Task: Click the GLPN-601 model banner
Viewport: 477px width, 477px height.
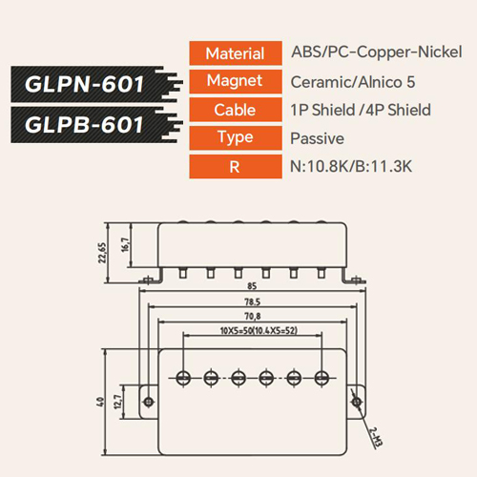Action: (95, 84)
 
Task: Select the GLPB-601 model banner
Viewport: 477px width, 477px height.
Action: (95, 125)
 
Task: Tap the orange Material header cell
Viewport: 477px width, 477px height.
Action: (236, 53)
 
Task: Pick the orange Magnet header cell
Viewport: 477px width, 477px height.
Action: (236, 81)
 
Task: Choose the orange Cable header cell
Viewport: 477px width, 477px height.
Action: (236, 110)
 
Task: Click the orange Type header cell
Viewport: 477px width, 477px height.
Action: (236, 137)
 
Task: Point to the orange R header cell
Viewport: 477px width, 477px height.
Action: (236, 166)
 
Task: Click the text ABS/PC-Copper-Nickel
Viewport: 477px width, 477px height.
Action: (377, 52)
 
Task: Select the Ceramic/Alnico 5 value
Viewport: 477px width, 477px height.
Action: (353, 82)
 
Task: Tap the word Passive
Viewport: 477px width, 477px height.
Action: (317, 138)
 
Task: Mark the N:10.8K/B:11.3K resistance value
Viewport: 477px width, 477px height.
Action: (351, 166)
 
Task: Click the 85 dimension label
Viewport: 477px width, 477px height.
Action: (252, 286)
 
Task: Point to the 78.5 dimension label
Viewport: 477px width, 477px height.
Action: (253, 301)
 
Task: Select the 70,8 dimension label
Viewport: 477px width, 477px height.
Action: (253, 317)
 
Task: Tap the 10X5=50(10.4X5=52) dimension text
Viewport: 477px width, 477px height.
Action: (259, 331)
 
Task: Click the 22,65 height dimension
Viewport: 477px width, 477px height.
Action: (102, 253)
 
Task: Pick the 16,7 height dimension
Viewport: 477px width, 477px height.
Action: (125, 245)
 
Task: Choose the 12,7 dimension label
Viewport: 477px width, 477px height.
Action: (117, 402)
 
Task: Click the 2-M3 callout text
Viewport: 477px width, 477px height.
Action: (376, 437)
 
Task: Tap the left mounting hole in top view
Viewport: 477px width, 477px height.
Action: (148, 402)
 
